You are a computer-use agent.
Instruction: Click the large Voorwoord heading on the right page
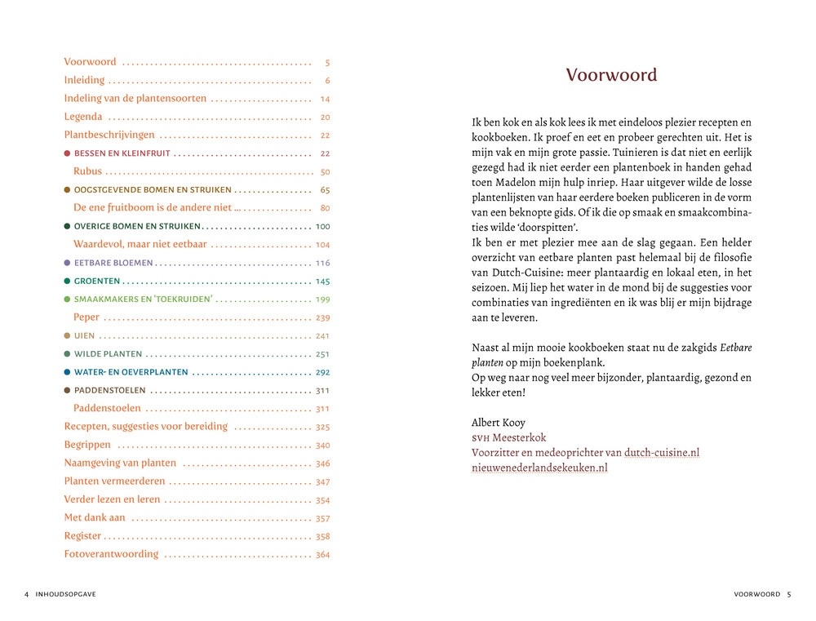click(611, 75)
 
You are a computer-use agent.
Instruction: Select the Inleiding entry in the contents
click(85, 80)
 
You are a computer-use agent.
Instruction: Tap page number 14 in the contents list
click(325, 99)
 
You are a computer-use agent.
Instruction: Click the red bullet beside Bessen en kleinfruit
click(67, 153)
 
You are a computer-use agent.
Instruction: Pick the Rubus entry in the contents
click(87, 171)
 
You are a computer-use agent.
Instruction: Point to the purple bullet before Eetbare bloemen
click(67, 263)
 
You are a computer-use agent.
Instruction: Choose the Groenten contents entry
click(94, 282)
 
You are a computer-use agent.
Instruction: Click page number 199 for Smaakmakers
click(322, 299)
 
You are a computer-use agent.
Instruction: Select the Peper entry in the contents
click(87, 317)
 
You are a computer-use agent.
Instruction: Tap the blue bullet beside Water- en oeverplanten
click(67, 372)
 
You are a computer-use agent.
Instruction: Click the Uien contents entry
click(84, 335)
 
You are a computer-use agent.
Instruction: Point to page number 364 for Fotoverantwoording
click(322, 555)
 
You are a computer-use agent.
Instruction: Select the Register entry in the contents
click(83, 536)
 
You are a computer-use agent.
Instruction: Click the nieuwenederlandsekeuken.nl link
click(539, 468)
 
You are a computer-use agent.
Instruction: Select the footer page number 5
click(789, 594)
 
